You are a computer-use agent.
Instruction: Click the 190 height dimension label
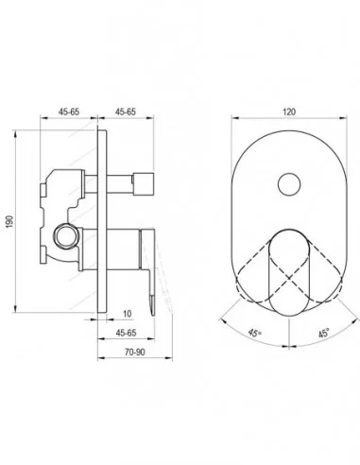[x=9, y=222]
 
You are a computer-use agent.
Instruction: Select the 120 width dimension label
[x=289, y=112]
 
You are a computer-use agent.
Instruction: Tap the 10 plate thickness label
[x=127, y=314]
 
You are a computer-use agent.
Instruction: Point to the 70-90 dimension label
[x=135, y=352]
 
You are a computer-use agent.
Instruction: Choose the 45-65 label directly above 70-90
[x=126, y=333]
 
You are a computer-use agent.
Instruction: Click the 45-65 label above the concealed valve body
[x=69, y=112]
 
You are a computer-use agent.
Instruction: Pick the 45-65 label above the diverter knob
[x=126, y=112]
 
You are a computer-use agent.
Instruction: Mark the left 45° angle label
[x=254, y=333]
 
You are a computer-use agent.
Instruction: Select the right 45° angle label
[x=324, y=333]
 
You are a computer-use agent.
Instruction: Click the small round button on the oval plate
[x=289, y=183]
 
